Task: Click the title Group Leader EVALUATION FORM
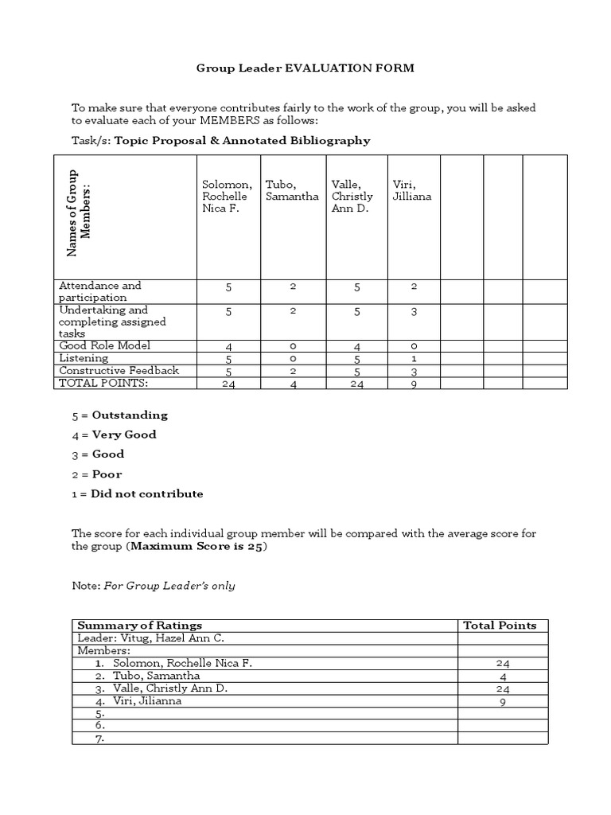305,68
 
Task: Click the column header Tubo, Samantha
293,190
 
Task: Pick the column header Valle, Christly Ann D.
352,197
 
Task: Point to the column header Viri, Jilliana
412,190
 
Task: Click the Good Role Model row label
104,346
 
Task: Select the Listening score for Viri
414,359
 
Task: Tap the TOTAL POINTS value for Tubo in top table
293,384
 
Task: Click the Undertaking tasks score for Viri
414,312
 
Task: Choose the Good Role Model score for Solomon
228,347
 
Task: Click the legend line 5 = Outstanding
119,415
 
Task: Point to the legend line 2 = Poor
96,474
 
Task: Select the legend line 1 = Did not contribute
137,494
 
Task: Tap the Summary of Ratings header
139,626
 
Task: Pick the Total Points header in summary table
500,626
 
